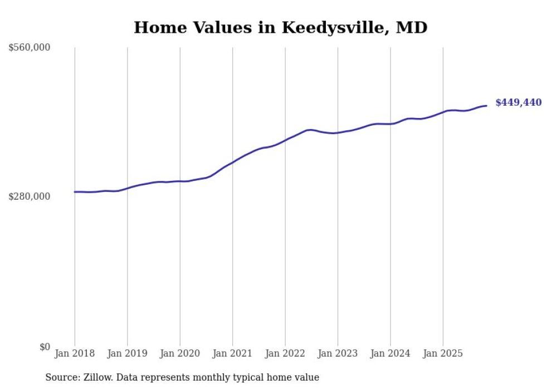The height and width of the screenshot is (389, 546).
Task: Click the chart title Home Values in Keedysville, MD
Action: (x=280, y=27)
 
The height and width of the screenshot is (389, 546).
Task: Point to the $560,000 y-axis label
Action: (x=30, y=48)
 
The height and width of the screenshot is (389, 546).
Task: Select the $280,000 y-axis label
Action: (x=30, y=196)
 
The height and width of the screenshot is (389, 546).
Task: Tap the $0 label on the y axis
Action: (x=45, y=347)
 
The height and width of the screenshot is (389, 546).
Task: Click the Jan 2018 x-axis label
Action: (x=75, y=353)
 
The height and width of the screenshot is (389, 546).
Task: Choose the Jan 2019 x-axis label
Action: (x=128, y=353)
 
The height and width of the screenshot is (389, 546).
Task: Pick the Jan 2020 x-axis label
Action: (x=180, y=353)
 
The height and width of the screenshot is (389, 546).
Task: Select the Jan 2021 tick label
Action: (x=232, y=353)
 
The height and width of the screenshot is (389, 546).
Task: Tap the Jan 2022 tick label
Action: (x=285, y=353)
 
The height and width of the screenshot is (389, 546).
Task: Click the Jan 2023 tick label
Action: (x=338, y=353)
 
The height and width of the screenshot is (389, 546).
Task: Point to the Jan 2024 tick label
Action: (x=390, y=353)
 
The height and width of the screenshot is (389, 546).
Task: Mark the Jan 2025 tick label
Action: (x=443, y=353)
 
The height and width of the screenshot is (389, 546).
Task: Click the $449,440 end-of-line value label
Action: (x=518, y=102)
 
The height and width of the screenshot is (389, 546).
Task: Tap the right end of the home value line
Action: (x=486, y=106)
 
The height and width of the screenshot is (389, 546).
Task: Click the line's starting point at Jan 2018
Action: (x=75, y=192)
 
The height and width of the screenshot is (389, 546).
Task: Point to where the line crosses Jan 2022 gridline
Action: (x=285, y=140)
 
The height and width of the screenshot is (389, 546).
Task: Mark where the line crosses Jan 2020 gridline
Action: (x=180, y=181)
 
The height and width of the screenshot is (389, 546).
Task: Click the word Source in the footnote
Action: (x=61, y=377)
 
